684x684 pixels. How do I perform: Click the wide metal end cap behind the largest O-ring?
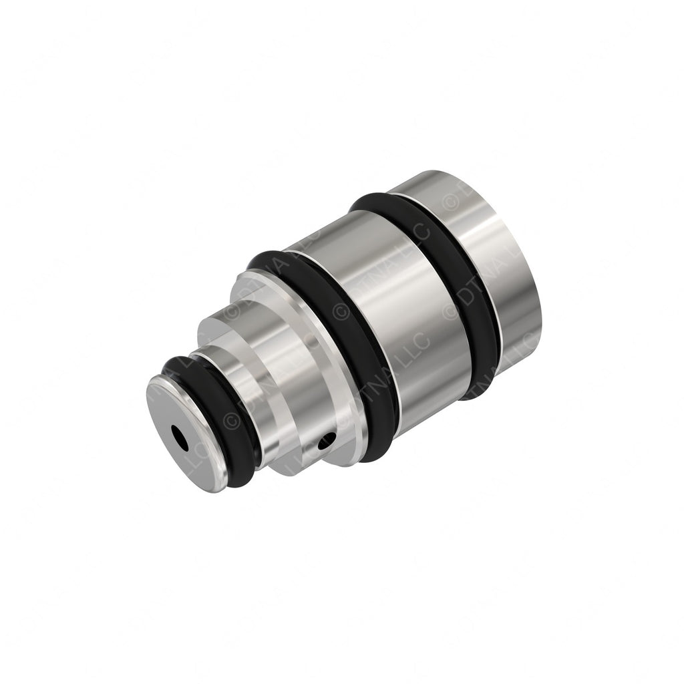(508, 267)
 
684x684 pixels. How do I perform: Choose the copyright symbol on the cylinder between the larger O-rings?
(452, 311)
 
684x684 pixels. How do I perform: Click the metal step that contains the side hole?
(307, 414)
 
